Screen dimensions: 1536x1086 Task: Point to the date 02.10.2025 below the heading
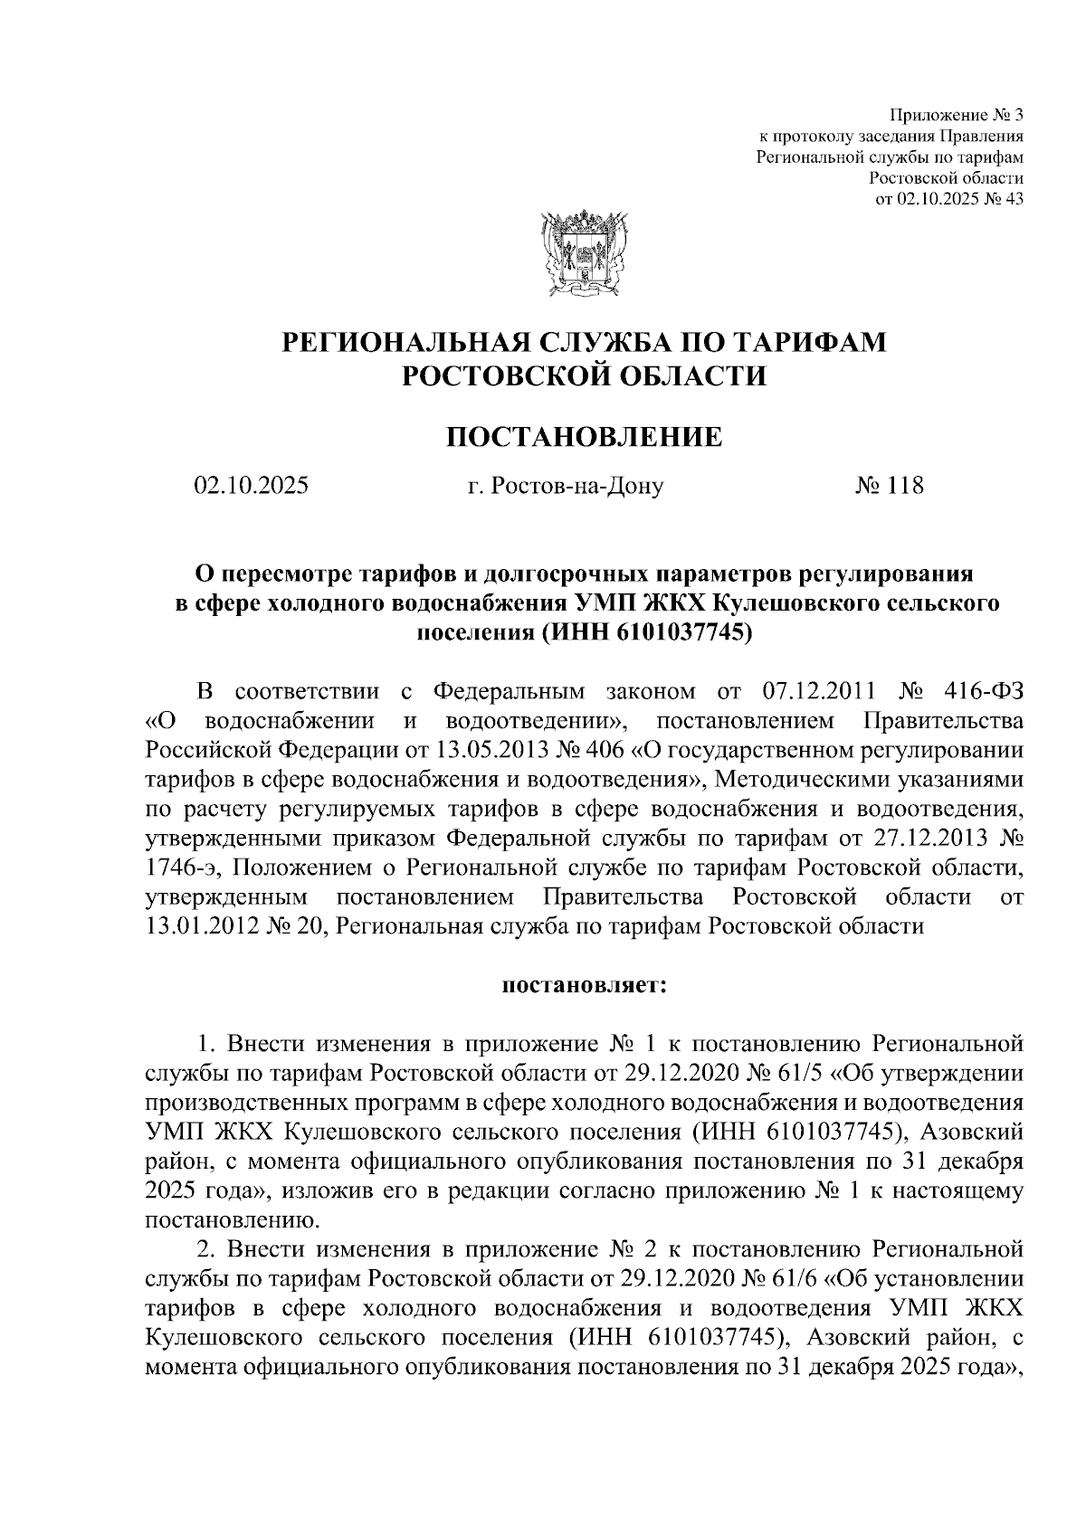pos(251,486)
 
